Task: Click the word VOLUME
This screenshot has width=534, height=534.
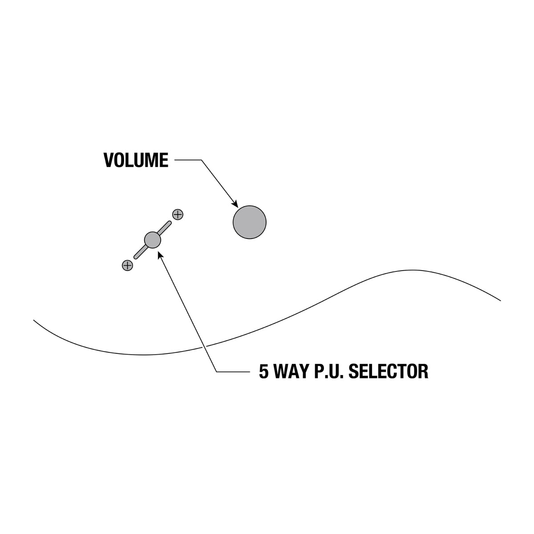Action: coord(136,160)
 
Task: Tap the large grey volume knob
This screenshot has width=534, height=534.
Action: coord(250,222)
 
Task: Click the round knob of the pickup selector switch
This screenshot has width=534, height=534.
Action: coord(153,240)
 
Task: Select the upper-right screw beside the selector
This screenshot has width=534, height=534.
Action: coord(178,214)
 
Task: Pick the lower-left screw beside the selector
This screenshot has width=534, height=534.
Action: coord(127,266)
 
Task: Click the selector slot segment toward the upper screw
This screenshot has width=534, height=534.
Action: coord(165,227)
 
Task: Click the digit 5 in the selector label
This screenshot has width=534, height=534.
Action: coord(264,371)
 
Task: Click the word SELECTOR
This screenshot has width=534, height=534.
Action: coord(388,371)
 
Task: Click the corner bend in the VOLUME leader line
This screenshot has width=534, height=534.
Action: coord(202,160)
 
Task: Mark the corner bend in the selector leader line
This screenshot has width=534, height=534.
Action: coord(217,371)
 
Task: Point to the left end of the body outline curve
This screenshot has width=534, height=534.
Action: coord(34,320)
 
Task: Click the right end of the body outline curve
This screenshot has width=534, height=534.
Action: coord(501,300)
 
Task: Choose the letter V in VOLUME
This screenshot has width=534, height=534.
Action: coord(109,160)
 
